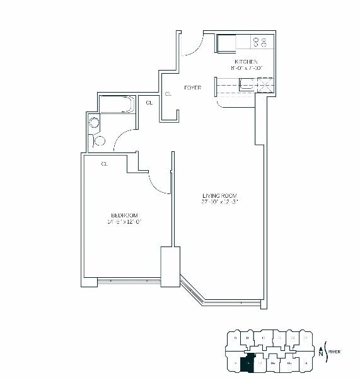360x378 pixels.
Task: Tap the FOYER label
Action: [x=192, y=88]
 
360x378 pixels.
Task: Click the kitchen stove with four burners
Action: [x=260, y=42]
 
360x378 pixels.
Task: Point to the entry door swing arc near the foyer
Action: [x=194, y=46]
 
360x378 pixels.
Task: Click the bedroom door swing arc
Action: [x=160, y=183]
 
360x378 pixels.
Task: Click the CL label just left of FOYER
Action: [x=168, y=94]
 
